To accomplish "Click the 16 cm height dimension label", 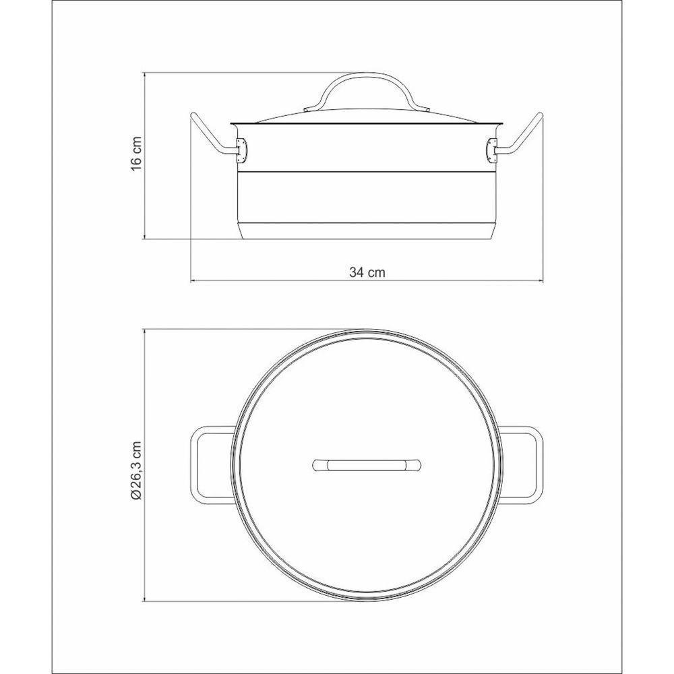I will click(137, 155).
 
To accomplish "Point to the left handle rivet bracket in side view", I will click(240, 151).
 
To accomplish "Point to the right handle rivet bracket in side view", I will click(493, 151).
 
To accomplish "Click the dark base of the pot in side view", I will click(367, 231).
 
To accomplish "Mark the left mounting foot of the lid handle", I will click(309, 109).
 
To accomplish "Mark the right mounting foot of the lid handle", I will click(426, 109).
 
